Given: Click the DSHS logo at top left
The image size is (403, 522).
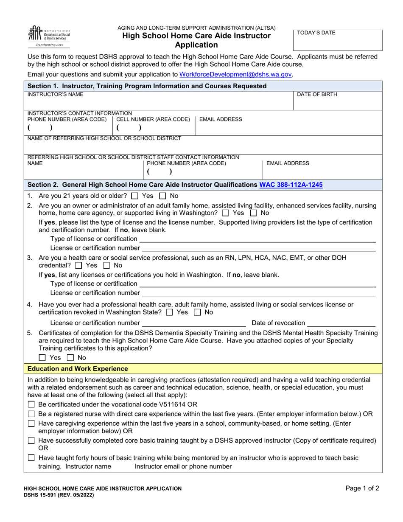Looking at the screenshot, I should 49,36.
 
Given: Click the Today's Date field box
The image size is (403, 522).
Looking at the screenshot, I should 338,41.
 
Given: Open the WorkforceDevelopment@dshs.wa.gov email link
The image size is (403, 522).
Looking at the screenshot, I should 235,74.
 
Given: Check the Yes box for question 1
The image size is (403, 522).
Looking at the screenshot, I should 134,196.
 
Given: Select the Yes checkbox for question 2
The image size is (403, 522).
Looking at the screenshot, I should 225,213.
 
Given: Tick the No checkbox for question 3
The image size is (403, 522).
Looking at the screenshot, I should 106,265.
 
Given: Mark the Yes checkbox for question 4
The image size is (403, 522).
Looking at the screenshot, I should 169,312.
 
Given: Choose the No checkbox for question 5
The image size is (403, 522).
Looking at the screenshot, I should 71,358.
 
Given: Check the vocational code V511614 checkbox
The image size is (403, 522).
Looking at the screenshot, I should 31,404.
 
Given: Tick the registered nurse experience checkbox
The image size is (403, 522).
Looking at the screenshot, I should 31,414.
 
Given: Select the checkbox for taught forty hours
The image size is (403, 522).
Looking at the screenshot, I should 31,458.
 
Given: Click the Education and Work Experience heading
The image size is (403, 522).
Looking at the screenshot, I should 78,369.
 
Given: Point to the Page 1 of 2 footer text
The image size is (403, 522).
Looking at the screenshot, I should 362,488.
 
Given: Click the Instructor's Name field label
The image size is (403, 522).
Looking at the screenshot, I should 55,95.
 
